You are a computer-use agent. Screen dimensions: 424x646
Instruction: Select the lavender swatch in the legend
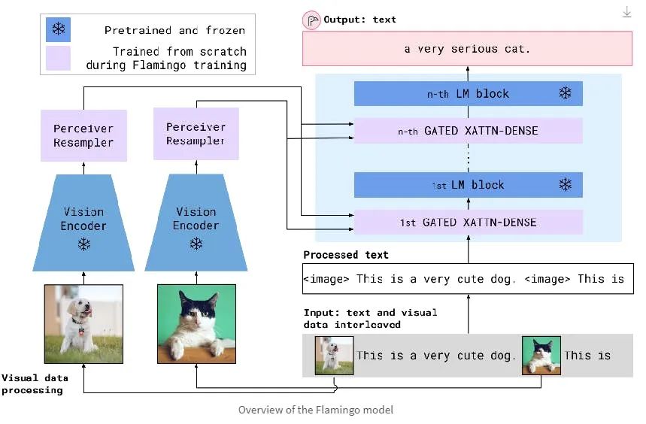pos(58,58)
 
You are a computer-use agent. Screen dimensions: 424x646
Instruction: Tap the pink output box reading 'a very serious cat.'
pos(468,49)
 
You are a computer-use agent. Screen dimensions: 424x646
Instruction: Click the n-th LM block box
pos(468,94)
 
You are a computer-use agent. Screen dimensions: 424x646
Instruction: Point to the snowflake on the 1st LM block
pos(565,185)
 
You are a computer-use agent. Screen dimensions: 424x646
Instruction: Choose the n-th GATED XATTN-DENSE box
pos(468,131)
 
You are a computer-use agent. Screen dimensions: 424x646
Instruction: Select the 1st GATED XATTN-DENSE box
pos(468,223)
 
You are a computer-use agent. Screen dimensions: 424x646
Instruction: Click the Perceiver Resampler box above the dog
pos(83,135)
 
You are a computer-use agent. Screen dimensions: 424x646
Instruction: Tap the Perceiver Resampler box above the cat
pos(196,134)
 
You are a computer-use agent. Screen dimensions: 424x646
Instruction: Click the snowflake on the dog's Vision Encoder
pos(83,244)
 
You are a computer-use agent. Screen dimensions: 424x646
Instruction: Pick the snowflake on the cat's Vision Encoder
pos(196,244)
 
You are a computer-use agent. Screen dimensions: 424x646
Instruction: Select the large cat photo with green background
pos(196,324)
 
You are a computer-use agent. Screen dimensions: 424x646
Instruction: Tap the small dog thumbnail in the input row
pos(334,356)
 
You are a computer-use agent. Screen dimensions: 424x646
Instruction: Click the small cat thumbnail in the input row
pos(541,356)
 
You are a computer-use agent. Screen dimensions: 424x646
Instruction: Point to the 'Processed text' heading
pos(346,255)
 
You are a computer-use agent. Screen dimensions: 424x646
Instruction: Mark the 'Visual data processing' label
pos(32,384)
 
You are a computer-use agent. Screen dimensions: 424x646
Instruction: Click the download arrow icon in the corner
pos(627,12)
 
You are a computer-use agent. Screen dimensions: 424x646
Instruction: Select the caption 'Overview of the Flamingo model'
pos(315,410)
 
